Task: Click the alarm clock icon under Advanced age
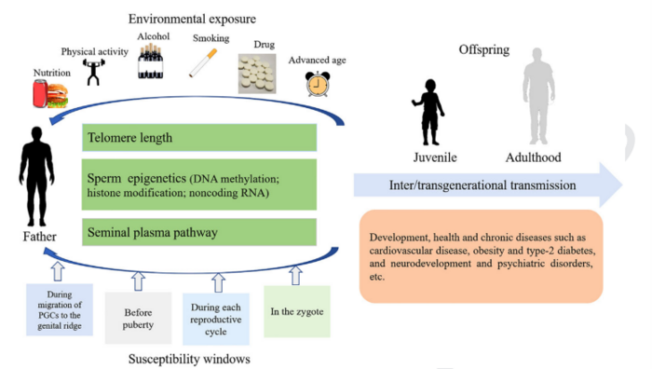coord(318,84)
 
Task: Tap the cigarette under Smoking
coord(203,63)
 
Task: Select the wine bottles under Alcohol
coord(151,61)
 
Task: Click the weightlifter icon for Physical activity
coord(93,72)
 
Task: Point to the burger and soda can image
coord(50,94)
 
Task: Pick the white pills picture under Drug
coord(257,74)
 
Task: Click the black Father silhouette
coord(36,176)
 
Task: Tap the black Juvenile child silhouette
coord(428,112)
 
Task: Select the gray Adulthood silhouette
coord(538,96)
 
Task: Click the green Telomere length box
coord(199,137)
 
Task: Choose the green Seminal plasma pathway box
coord(199,232)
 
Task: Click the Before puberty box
coord(138,318)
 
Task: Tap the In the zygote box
coord(297,311)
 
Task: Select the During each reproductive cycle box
coord(216,319)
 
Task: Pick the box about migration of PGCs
coord(60,309)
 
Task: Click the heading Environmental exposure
coord(192,19)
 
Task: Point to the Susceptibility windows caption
coord(189,359)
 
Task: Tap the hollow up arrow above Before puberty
coord(138,281)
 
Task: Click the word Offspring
coord(484,50)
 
